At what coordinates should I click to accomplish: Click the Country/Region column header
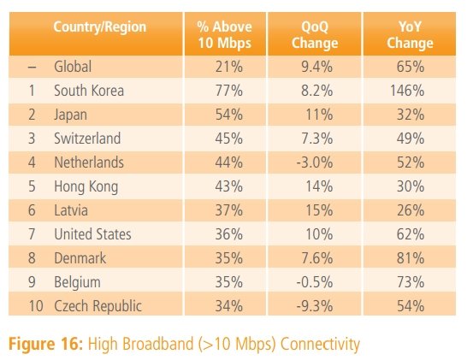pos(100,27)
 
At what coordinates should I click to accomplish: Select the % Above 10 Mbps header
pos(225,34)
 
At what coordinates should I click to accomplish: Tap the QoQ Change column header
pos(315,34)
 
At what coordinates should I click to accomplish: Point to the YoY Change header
pos(410,34)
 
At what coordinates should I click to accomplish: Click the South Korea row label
pos(89,91)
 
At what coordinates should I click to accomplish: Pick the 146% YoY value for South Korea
pos(407,91)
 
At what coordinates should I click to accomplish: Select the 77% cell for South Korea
pos(228,91)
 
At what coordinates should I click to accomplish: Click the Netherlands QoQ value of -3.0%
pos(315,162)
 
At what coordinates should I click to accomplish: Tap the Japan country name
pos(71,115)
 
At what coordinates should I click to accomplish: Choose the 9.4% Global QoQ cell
pos(316,67)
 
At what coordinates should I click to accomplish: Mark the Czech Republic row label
pos(98,306)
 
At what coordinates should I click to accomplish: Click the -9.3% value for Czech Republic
pos(315,306)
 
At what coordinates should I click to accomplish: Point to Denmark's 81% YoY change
pos(411,258)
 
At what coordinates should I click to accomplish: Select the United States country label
pos(92,234)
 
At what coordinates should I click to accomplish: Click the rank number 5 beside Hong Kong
pos(32,186)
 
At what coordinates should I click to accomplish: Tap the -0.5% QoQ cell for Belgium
pos(315,282)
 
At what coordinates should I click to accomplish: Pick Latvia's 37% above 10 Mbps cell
pos(228,210)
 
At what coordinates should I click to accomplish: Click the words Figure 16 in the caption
pos(45,344)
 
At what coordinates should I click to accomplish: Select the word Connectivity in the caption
pos(320,345)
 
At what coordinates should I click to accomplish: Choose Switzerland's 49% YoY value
pos(411,139)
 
